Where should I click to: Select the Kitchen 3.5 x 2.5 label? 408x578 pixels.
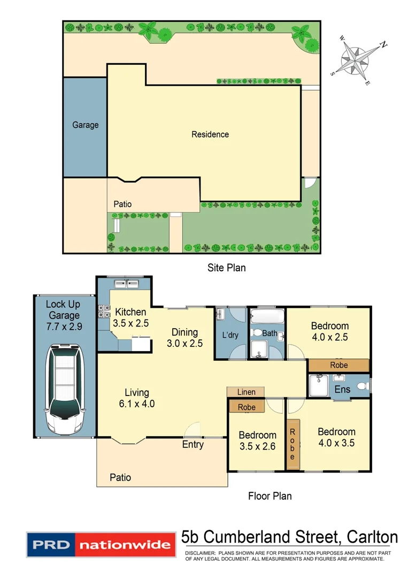coord(130,318)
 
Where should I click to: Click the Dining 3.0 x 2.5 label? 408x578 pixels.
coord(184,338)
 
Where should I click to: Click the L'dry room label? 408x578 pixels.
coord(230,336)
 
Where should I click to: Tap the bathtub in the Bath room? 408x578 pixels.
coord(267,316)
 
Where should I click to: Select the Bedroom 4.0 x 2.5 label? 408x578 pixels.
coord(330,331)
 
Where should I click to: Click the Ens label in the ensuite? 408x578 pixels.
coord(342,389)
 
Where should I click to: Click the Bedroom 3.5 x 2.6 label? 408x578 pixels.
coord(257,440)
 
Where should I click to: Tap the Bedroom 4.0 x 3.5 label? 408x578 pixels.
coord(336,437)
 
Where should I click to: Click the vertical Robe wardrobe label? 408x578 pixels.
coord(292,444)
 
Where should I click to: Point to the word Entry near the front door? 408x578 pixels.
coord(193,444)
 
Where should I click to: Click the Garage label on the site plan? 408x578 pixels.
coord(86,125)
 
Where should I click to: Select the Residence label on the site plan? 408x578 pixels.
coord(210,134)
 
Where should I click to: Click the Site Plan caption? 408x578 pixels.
coord(227,268)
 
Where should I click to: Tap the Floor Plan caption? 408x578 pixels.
coord(270,496)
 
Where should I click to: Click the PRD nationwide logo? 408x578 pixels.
coord(102,545)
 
